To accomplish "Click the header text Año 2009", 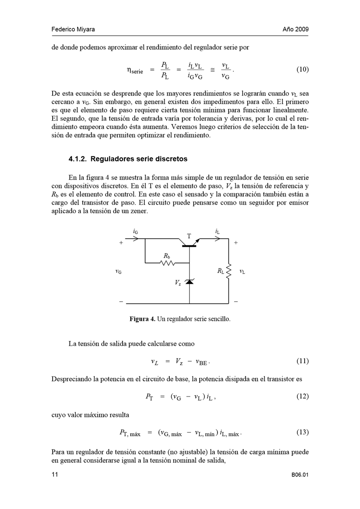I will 296,29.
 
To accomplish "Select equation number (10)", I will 302,69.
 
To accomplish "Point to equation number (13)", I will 302,432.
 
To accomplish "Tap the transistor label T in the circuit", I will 189,236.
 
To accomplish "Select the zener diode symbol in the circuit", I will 189,282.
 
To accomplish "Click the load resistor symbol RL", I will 228,271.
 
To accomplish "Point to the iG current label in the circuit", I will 136,231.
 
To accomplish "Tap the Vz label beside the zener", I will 178,282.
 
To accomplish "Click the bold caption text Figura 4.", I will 143,319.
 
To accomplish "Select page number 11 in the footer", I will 54,475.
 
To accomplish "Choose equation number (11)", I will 302,361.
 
